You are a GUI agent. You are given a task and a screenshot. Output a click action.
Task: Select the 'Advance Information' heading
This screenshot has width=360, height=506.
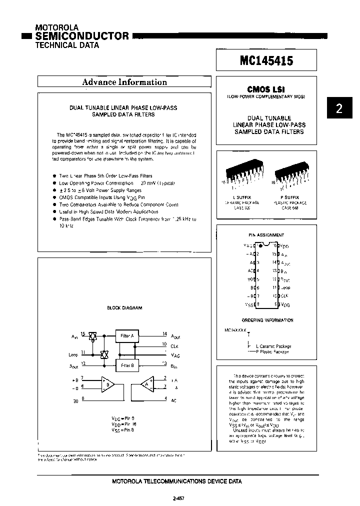click(x=124, y=82)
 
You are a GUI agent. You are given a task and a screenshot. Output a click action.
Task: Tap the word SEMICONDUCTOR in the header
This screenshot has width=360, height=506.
click(x=82, y=36)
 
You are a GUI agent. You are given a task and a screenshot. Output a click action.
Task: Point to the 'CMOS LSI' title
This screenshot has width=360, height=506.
click(x=266, y=89)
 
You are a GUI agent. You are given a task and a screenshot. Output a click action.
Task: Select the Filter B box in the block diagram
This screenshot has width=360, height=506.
click(x=126, y=365)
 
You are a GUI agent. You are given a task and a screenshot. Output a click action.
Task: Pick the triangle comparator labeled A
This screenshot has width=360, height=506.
click(x=145, y=384)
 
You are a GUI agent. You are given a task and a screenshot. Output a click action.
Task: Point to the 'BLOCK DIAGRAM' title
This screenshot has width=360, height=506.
click(x=124, y=308)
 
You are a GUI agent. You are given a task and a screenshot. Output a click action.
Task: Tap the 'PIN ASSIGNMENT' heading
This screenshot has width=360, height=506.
click(x=266, y=234)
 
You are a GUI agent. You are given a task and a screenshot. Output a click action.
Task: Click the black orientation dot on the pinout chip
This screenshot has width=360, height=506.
click(x=261, y=245)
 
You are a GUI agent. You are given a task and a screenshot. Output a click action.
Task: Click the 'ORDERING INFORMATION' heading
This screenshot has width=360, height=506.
click(x=267, y=320)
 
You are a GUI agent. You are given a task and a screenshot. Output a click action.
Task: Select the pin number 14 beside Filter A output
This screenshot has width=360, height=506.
click(x=164, y=333)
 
